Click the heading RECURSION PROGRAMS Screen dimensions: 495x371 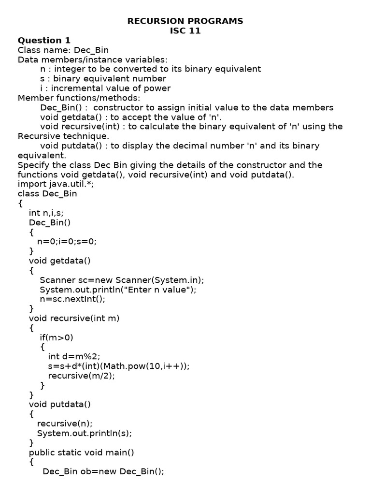click(x=185, y=21)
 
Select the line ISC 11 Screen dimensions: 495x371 click(x=185, y=31)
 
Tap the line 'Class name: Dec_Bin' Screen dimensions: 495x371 click(x=63, y=50)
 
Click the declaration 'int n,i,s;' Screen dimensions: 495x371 click(x=46, y=213)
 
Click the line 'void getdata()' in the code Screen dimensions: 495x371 click(x=60, y=261)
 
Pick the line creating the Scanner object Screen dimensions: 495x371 click(x=122, y=280)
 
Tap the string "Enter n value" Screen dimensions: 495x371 click(x=158, y=290)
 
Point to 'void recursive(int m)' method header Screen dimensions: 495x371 click(x=74, y=318)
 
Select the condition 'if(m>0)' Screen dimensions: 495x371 click(x=57, y=337)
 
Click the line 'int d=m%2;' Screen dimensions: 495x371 click(x=74, y=356)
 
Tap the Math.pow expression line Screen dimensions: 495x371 click(x=119, y=366)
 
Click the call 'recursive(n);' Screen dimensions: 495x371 click(x=65, y=423)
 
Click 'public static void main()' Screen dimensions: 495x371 click(x=81, y=452)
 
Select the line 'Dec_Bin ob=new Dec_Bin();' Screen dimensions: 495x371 click(x=103, y=471)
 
